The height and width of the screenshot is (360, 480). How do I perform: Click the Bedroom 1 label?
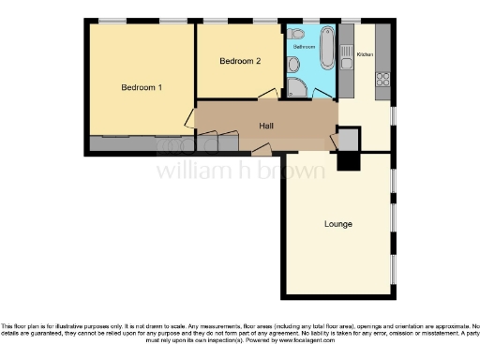(142, 87)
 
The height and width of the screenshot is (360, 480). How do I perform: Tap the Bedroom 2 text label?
(239, 61)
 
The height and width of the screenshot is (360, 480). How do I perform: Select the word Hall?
(265, 126)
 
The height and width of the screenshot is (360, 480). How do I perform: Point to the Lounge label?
(338, 224)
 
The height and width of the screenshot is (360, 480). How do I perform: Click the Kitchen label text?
(365, 54)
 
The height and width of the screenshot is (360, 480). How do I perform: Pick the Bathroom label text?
(304, 46)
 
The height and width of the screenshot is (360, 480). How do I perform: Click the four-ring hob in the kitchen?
(382, 81)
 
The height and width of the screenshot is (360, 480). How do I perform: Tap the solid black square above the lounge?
(347, 161)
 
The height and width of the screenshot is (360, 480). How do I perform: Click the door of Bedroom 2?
(266, 93)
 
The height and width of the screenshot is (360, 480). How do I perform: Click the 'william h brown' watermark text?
(240, 171)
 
